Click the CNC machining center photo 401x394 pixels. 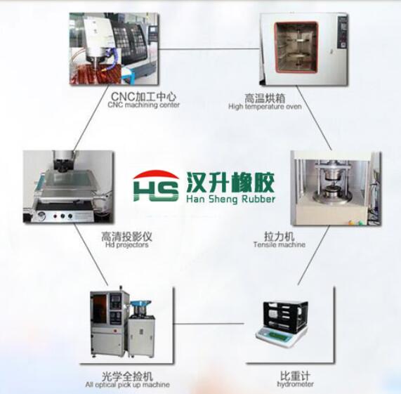point(114,49)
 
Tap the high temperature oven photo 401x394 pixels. point(304,49)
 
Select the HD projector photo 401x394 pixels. point(69,187)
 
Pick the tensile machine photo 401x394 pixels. point(336,188)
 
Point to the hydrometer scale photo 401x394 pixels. point(282,324)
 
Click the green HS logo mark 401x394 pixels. point(156,186)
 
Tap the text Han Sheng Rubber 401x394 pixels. point(230,199)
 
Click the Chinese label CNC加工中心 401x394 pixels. point(144,96)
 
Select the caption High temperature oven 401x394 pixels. point(265,106)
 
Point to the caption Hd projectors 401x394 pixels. point(127,245)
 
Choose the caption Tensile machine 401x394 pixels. point(280,244)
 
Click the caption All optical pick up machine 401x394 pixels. point(127,385)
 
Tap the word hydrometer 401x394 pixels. point(295,384)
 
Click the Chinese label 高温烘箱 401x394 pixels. point(265,98)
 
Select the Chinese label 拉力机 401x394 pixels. point(280,236)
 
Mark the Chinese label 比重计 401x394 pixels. point(296,376)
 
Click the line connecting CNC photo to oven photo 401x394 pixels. point(209,48)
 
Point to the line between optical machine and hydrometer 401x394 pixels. point(209,324)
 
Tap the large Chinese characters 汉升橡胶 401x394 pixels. point(230,182)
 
